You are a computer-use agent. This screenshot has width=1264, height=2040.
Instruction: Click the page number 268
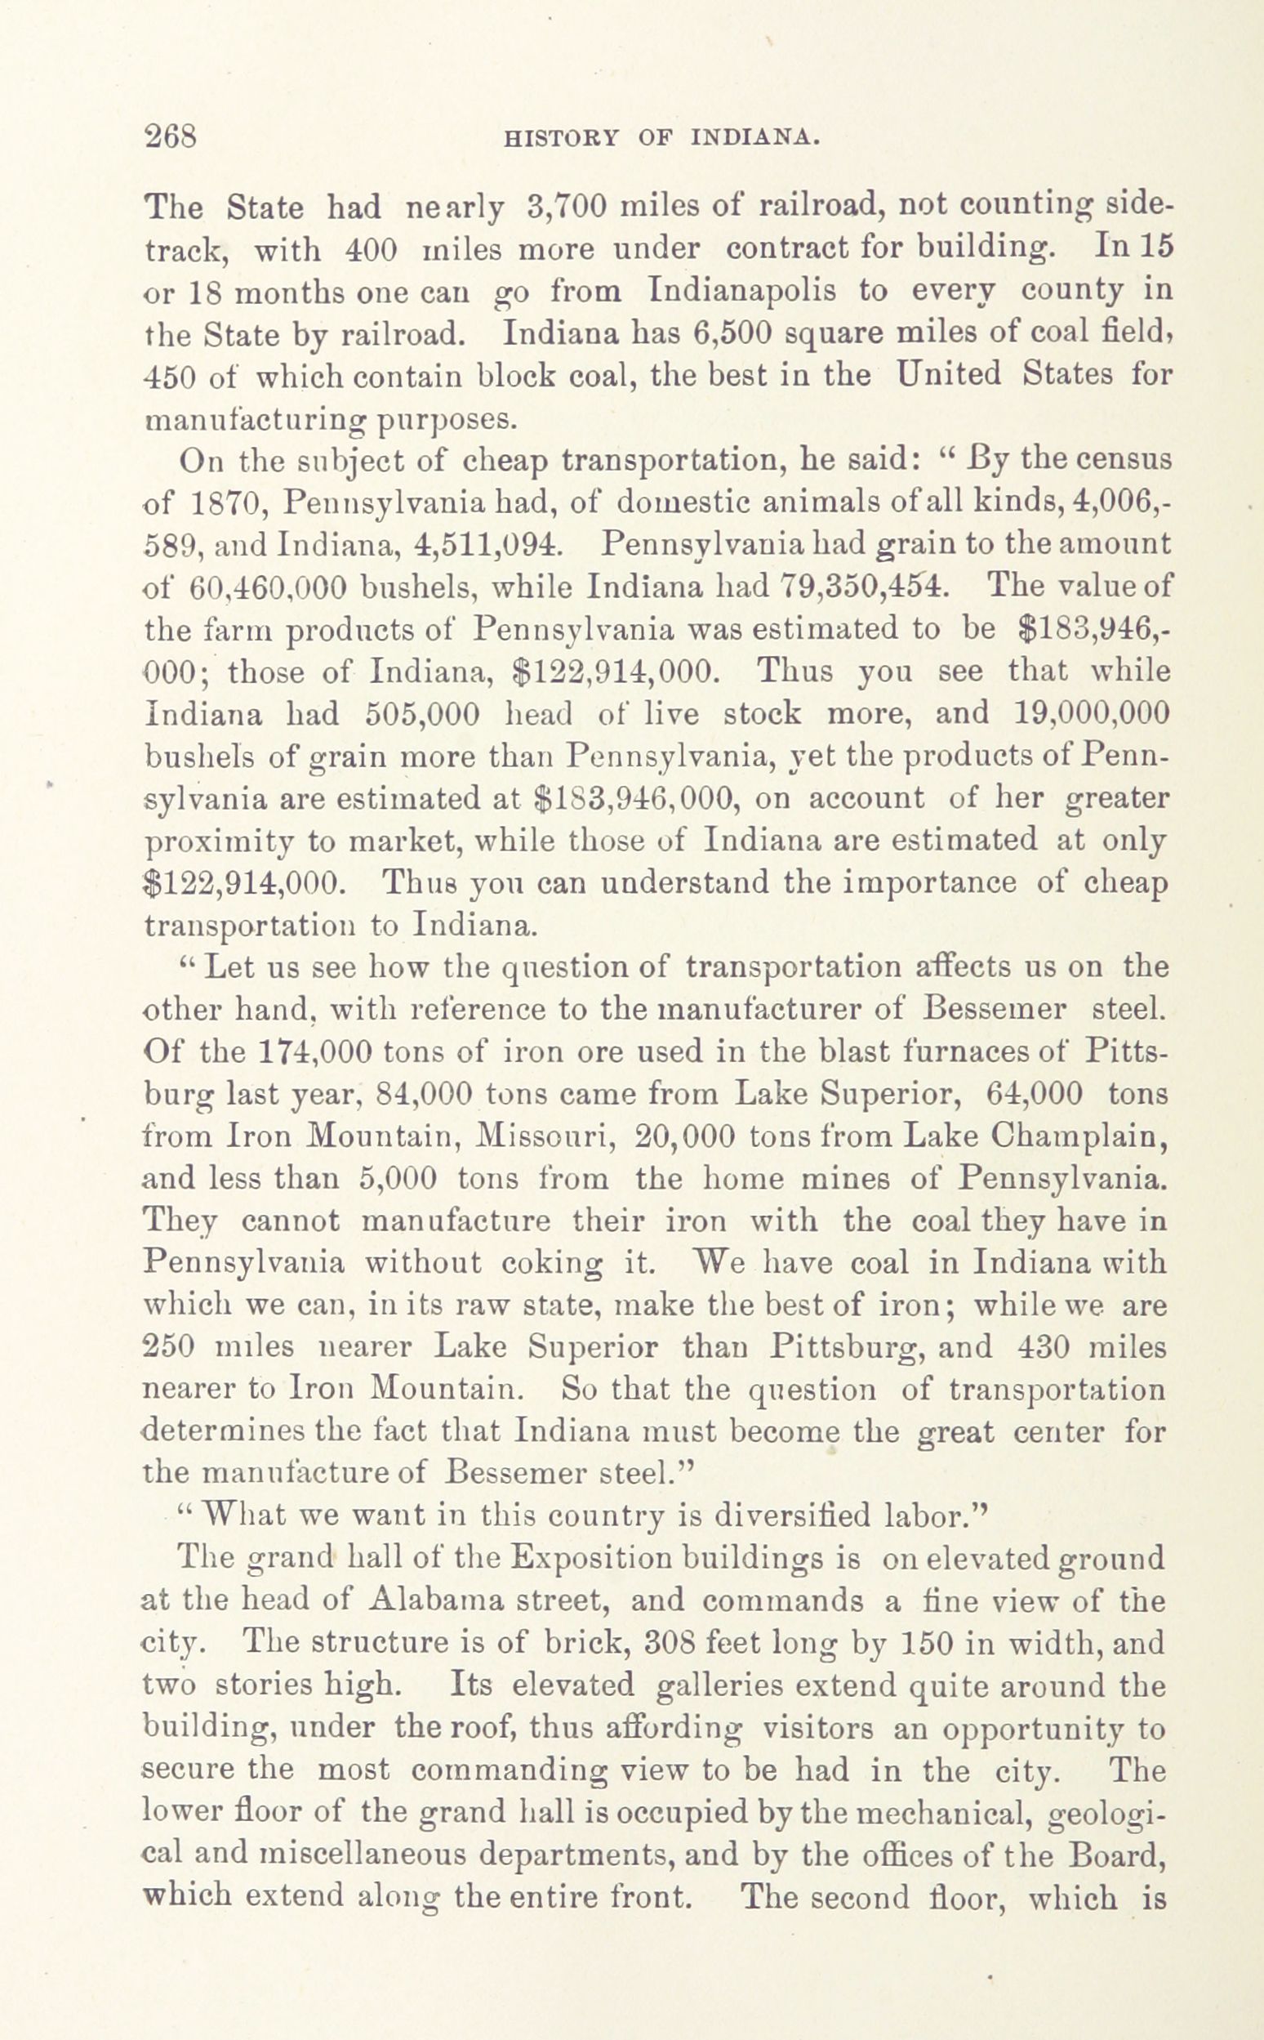point(171,136)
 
